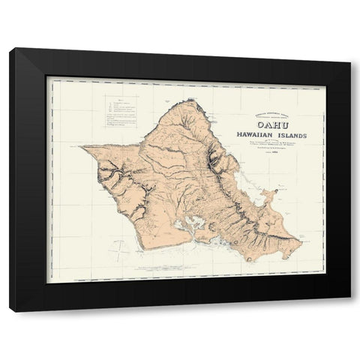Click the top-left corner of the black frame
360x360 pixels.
[x=10, y=47]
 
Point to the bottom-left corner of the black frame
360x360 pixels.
[x=10, y=310]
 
